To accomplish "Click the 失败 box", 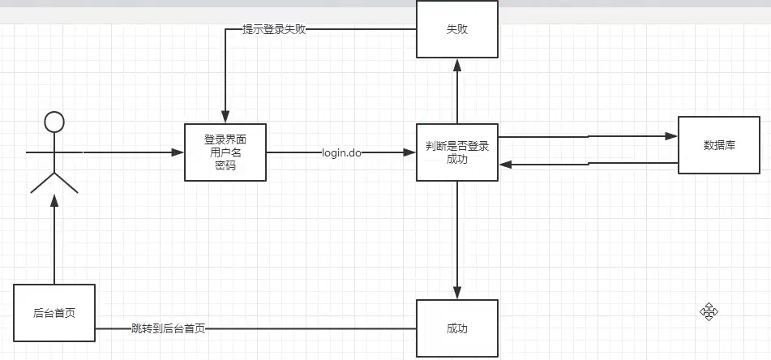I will coord(457,30).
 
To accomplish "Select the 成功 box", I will coord(457,328).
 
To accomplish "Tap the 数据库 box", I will coord(718,145).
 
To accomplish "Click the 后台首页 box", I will coord(54,312).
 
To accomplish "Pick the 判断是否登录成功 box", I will coord(457,152).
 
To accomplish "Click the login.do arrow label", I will coord(341,153).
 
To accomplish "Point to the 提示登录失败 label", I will coord(274,30).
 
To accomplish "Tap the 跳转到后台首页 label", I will coord(168,328).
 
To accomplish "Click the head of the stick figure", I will coord(54,122).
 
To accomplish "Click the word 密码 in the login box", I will coord(225,165).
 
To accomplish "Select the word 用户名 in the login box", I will coord(225,152).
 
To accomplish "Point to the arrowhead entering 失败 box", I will coord(457,64).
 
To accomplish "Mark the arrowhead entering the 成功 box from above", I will coord(457,294).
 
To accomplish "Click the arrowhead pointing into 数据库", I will coord(670,136).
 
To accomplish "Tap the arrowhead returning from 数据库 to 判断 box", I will coord(505,165).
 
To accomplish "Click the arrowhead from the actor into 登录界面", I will coord(178,152).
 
